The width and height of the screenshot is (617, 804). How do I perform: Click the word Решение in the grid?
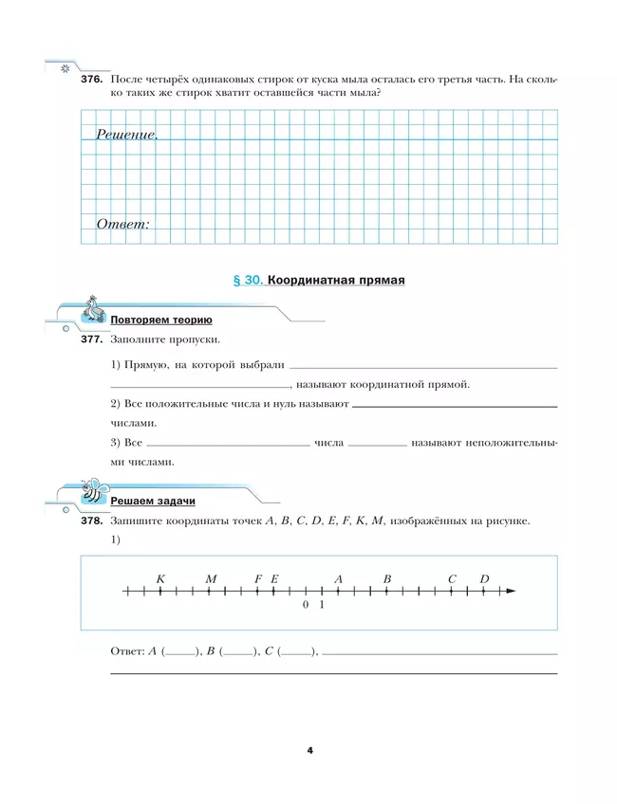click(126, 135)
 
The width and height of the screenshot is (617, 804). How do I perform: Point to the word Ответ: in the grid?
click(122, 225)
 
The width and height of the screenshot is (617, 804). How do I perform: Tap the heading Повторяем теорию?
click(160, 320)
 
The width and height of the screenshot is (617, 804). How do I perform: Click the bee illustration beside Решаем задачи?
click(93, 490)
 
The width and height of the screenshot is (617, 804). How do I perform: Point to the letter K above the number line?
click(160, 578)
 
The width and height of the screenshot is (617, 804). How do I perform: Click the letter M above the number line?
click(211, 578)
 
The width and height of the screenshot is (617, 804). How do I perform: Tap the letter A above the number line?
click(338, 578)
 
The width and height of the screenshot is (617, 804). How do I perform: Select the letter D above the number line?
click(484, 578)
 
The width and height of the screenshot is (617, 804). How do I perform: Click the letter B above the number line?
click(387, 578)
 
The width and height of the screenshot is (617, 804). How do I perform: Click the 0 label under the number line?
click(306, 604)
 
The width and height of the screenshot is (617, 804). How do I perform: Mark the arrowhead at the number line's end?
click(511, 592)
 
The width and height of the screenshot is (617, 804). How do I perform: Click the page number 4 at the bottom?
click(309, 751)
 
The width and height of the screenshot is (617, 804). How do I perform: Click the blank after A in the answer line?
click(180, 652)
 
